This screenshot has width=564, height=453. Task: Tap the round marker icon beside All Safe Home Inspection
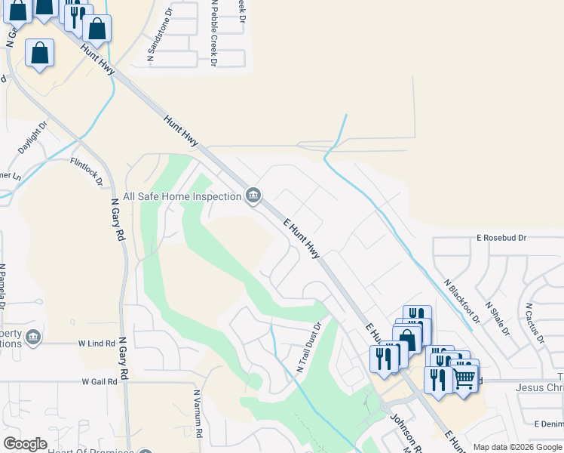click(253, 196)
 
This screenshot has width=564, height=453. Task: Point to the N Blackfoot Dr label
click(461, 300)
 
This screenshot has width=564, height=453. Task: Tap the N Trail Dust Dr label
click(309, 347)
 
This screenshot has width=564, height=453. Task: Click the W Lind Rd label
click(96, 343)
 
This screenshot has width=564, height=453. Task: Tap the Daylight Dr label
click(33, 137)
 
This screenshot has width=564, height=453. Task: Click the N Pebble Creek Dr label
click(214, 33)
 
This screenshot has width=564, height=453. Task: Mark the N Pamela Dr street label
click(4, 286)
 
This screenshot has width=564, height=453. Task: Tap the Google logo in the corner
click(25, 444)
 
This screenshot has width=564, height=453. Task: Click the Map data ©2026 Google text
click(516, 447)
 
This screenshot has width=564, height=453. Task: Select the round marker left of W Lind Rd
click(32, 337)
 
